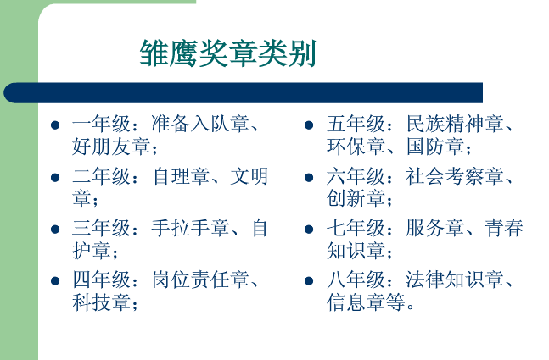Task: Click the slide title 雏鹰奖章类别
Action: click(228, 53)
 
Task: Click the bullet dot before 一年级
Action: click(56, 126)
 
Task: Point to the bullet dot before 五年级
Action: click(310, 126)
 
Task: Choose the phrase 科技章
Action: click(101, 302)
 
